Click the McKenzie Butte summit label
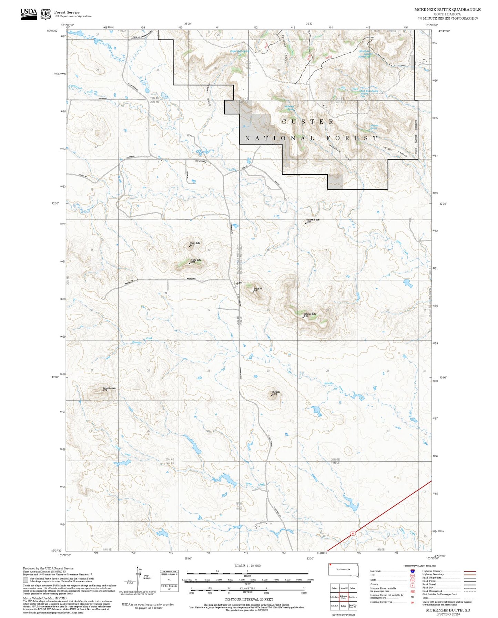(310, 314)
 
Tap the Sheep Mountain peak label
(109, 388)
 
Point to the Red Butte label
(276, 392)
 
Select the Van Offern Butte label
(313, 220)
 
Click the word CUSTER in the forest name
(308, 122)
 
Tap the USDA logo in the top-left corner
(29, 13)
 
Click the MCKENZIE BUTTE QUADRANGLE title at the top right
(447, 10)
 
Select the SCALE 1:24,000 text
(247, 566)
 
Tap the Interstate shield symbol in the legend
(413, 571)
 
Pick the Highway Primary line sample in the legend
(470, 571)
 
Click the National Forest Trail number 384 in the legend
(413, 602)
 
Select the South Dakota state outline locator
(344, 570)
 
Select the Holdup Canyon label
(395, 152)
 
